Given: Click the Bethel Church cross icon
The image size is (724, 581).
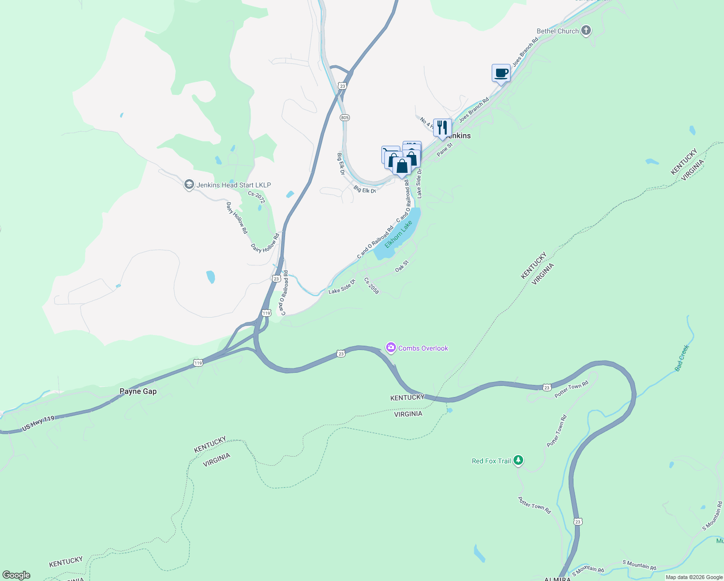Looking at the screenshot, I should pos(586,31).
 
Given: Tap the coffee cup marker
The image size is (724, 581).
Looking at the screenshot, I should pos(501,74).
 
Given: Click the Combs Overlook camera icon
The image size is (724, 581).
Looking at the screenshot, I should pos(391,348).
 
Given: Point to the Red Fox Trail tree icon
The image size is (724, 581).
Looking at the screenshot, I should pos(518,460).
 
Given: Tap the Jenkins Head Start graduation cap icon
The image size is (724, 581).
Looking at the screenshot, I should pos(189,185).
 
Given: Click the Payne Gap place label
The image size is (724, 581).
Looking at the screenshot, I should pos(138,391).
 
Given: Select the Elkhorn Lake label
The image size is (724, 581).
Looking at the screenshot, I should pos(398,234).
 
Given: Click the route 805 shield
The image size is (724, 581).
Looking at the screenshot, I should pos(345,118).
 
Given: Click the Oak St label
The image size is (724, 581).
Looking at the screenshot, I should pos(402,266).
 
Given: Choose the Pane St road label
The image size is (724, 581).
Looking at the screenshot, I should pos(444,149).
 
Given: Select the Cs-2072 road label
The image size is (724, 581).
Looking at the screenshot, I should pos(256,197).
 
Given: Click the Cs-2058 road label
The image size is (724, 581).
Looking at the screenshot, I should pos(371,286).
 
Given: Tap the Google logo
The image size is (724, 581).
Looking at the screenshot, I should pos(16,575).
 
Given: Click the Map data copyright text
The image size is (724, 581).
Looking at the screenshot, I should pos(694,577).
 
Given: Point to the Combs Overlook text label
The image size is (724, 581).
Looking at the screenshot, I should pos(423,348).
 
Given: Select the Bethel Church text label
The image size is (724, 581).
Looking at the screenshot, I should pos(558,31).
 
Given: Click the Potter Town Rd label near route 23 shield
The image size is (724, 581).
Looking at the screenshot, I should pos(571,390).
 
